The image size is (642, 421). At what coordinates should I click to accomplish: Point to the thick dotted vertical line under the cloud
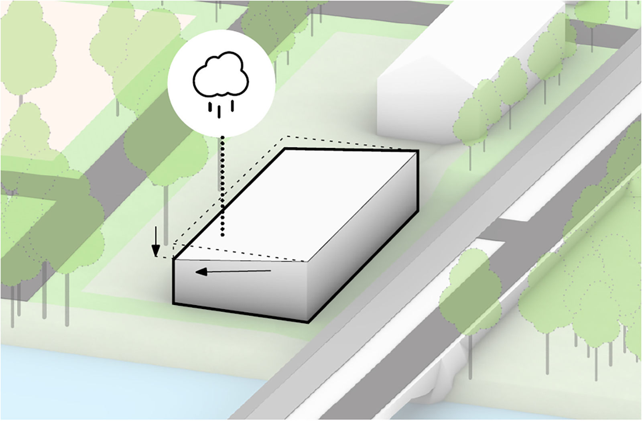222,185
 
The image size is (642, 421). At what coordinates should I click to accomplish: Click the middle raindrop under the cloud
219,112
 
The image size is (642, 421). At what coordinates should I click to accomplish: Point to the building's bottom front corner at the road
308,322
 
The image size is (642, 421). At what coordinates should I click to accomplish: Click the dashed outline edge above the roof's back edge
341,142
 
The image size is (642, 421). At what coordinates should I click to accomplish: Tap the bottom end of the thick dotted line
223,234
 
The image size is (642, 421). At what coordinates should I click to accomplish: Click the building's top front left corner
173,259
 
